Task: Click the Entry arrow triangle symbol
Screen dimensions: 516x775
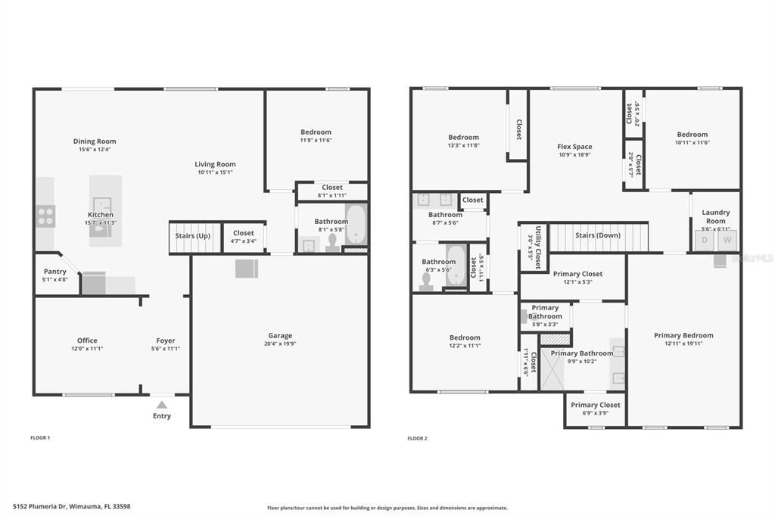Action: click(162, 405)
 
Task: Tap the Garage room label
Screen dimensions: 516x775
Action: click(280, 336)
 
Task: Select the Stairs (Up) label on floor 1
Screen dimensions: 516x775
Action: click(193, 236)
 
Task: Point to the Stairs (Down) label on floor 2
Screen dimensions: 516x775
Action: click(598, 235)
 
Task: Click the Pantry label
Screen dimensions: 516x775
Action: click(55, 272)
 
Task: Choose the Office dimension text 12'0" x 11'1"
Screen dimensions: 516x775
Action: click(87, 349)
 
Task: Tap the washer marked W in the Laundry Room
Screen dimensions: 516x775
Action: click(727, 241)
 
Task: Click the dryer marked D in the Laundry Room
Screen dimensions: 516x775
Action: click(705, 241)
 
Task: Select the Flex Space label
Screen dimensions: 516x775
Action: click(574, 147)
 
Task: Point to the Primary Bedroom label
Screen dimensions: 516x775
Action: click(683, 335)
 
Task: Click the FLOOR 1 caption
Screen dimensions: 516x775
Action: click(39, 438)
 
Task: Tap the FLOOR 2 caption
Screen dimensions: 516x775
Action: click(417, 438)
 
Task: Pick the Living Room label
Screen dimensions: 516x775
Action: click(215, 164)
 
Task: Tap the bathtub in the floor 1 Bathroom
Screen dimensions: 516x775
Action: click(356, 224)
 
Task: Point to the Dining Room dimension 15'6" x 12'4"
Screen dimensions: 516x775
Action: click(95, 150)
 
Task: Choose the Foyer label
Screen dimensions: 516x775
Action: click(165, 340)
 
